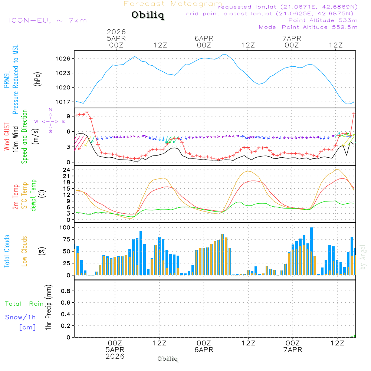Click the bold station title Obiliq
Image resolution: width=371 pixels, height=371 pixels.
(147, 16)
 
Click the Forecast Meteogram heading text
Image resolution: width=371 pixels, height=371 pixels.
(173, 4)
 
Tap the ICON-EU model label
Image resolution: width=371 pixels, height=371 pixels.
(47, 20)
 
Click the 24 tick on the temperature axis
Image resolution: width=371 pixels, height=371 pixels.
(66, 170)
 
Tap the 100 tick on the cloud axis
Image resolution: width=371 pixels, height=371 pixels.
(65, 227)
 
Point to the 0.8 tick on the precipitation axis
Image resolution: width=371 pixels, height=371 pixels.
(65, 291)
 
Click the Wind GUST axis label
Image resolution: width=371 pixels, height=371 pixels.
(7, 137)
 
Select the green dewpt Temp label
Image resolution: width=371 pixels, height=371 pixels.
(34, 195)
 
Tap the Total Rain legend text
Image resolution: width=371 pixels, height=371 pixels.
(24, 304)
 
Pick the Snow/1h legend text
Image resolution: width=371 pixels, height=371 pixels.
(20, 318)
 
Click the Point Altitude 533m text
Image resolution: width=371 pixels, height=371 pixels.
(323, 20)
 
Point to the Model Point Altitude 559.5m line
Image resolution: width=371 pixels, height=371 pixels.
(308, 27)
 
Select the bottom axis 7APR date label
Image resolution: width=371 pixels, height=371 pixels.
(292, 350)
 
